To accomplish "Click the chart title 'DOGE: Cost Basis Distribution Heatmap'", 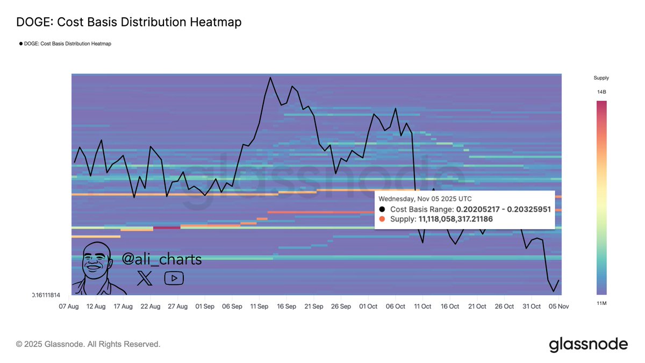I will (x=129, y=22).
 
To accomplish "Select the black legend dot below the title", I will (x=21, y=44).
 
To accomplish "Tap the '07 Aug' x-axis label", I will (x=68, y=306).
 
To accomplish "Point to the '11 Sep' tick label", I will (x=260, y=306).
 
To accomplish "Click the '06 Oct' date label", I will (x=396, y=306).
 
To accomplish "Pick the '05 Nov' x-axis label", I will (x=559, y=306).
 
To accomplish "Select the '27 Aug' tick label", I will (x=177, y=306).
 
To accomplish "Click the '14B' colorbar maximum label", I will (x=601, y=92).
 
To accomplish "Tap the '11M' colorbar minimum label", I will (x=601, y=304).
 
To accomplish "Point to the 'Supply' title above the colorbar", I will (x=601, y=78).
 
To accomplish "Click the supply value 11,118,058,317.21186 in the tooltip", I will (x=455, y=219).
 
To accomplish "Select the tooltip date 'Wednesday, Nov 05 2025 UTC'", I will (x=425, y=198).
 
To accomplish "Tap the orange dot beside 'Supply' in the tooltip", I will (x=382, y=219).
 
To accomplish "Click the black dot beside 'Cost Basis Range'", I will (x=382, y=209).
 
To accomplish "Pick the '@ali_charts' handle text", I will (x=162, y=259).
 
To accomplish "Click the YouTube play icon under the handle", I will (x=174, y=278).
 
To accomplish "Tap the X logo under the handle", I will (x=145, y=278).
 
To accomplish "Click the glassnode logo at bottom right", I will (x=588, y=344).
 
